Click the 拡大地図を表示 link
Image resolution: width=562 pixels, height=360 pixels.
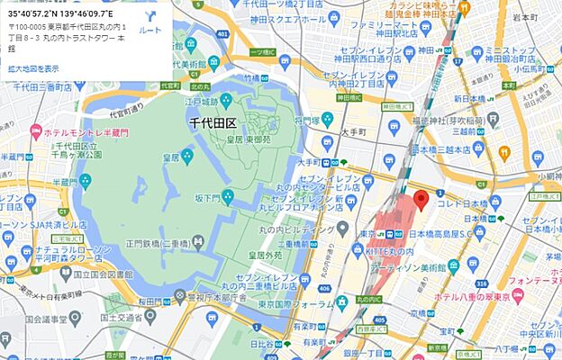point(33,67)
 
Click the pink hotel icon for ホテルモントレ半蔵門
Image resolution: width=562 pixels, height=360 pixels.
point(36,132)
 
